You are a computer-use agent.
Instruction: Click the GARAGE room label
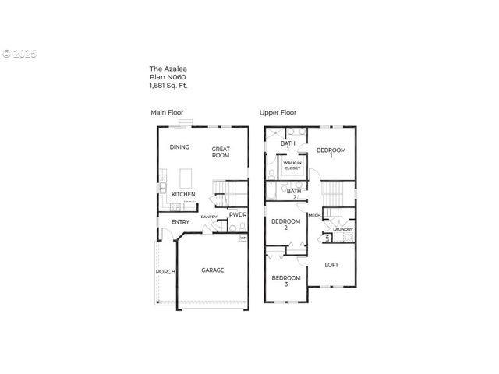click(x=213, y=270)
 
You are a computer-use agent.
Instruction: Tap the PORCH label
click(x=165, y=272)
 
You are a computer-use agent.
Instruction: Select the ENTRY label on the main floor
click(x=180, y=222)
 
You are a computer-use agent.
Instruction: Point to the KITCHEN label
click(x=183, y=194)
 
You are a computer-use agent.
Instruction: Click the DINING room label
click(x=180, y=147)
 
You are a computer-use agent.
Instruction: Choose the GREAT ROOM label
click(x=221, y=152)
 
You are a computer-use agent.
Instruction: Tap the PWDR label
click(x=238, y=214)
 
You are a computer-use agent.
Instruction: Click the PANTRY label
click(x=208, y=217)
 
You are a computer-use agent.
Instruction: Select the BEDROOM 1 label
click(x=331, y=153)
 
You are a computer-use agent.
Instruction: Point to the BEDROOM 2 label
click(x=285, y=224)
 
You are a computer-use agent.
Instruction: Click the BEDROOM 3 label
click(x=285, y=281)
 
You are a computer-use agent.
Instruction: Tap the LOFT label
click(x=332, y=265)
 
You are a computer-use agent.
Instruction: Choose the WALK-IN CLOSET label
click(x=292, y=165)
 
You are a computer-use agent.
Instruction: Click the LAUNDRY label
click(x=343, y=229)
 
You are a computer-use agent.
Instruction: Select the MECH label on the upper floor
click(x=314, y=215)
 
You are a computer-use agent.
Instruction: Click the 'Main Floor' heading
click(x=167, y=113)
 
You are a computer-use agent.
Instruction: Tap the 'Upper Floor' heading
click(x=277, y=113)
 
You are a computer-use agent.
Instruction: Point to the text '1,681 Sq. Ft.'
click(x=168, y=85)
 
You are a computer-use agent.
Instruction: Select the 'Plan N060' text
click(x=167, y=77)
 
